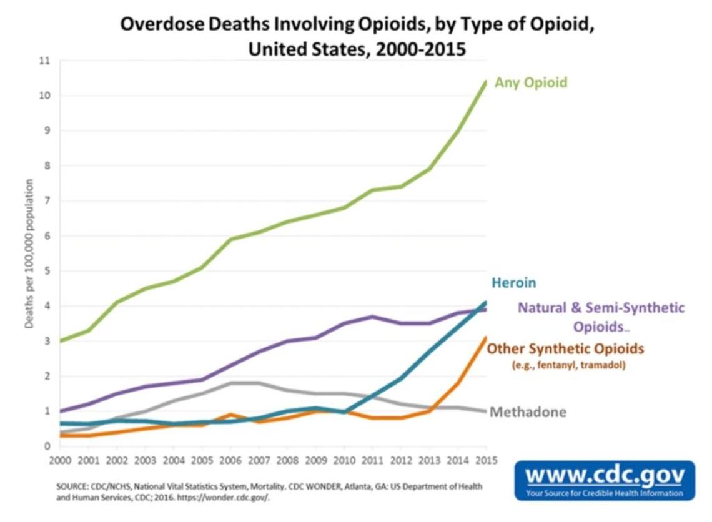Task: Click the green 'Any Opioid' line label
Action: (x=531, y=82)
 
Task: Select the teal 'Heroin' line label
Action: (x=513, y=283)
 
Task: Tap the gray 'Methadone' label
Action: (x=528, y=412)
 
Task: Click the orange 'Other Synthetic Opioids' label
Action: (x=565, y=348)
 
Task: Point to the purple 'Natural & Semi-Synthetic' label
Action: (x=601, y=307)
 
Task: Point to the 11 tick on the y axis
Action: (x=44, y=61)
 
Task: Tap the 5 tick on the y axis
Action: (x=46, y=271)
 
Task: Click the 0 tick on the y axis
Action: (x=46, y=446)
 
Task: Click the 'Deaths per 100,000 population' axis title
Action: (x=29, y=254)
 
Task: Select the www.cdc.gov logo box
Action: (x=605, y=481)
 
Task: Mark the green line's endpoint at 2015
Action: (x=486, y=82)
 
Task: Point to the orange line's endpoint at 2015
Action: (x=486, y=338)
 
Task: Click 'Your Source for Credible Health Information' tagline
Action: (x=605, y=493)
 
